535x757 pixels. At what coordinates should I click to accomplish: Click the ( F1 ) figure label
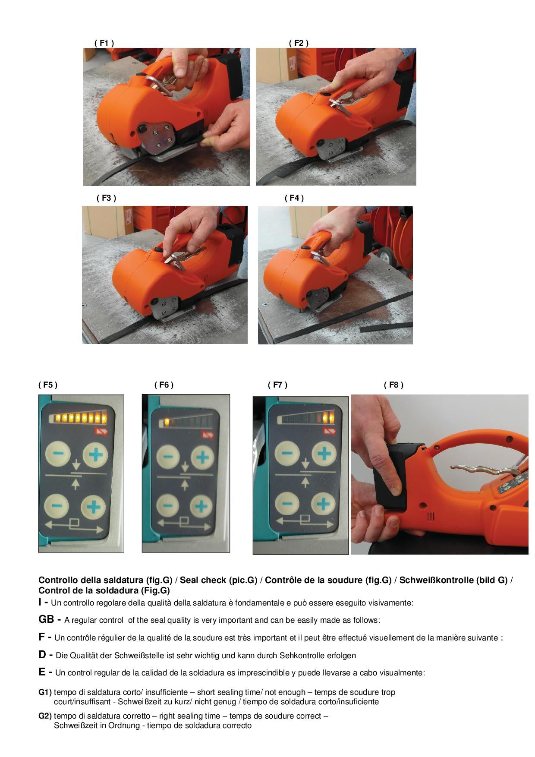click(x=104, y=43)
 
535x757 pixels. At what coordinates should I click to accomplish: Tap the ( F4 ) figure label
click(x=294, y=198)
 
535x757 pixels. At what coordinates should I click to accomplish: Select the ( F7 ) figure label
click(x=277, y=385)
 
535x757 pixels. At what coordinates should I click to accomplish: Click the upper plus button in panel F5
click(x=95, y=454)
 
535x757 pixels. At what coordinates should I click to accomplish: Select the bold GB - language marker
click(x=49, y=619)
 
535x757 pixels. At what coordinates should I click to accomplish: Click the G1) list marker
click(x=45, y=692)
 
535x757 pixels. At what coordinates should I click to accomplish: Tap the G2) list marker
click(x=45, y=716)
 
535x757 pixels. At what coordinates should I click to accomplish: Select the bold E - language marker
click(x=45, y=672)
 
